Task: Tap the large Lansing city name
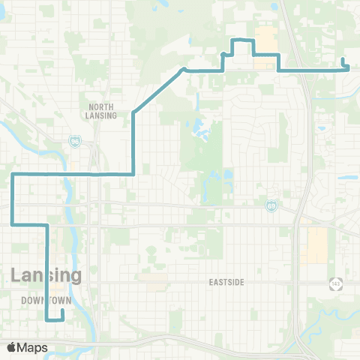[x=46, y=275]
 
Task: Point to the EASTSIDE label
[x=229, y=282]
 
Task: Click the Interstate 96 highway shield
[x=76, y=141]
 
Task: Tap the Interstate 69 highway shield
[x=271, y=205]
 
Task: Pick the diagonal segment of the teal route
[x=157, y=91]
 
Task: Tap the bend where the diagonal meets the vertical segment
[x=133, y=112]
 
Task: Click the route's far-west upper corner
[x=13, y=174]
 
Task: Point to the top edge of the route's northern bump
[x=241, y=39]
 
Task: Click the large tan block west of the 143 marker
[x=316, y=245]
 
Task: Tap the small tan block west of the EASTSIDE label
[x=157, y=281]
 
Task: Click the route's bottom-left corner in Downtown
[x=47, y=319]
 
